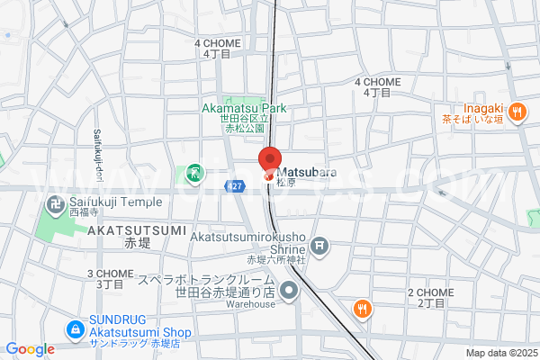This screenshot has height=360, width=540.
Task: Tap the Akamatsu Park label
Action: point(243,108)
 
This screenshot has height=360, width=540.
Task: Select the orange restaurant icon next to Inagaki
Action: point(517,112)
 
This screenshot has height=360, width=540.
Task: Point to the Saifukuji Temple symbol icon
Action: point(56,206)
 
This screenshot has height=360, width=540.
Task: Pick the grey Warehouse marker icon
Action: point(289,291)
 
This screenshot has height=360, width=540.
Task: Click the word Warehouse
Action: point(250,304)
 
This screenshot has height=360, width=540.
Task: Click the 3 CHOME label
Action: point(105,273)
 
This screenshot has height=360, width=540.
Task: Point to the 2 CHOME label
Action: point(430,292)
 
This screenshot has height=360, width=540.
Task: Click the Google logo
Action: point(30,349)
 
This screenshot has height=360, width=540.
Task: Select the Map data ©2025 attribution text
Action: point(500,352)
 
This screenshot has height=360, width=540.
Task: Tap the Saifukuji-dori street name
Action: point(96,151)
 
